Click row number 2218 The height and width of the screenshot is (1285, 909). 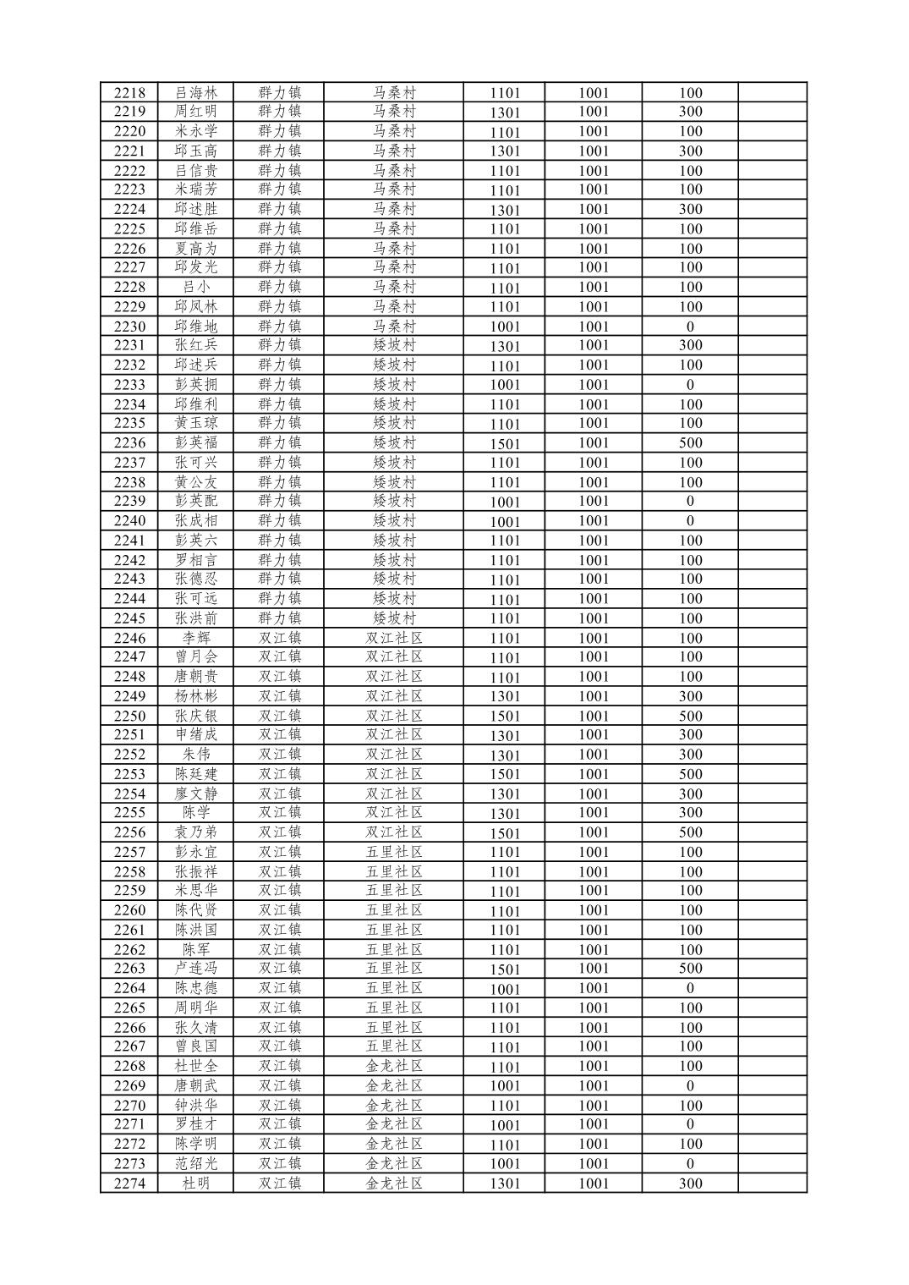click(129, 93)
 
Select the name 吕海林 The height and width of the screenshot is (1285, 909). click(195, 93)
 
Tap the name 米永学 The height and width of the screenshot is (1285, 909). click(195, 131)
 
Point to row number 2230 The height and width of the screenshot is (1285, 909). click(129, 327)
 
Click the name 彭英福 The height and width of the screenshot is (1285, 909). click(195, 442)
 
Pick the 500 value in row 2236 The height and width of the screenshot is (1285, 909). click(690, 442)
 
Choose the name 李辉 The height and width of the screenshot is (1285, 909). click(195, 638)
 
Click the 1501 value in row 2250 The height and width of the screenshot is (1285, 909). click(505, 717)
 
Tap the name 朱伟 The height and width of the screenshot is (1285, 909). click(195, 755)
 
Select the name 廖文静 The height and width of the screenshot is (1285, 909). click(195, 794)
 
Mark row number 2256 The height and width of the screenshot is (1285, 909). click(129, 832)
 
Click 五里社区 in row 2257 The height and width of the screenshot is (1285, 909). click(393, 852)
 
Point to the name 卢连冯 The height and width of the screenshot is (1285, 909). click(195, 969)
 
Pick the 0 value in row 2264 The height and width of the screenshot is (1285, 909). click(690, 988)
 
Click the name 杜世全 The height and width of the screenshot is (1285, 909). click(195, 1066)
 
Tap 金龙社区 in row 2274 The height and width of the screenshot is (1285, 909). click(393, 1183)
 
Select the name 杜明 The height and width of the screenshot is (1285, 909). click(195, 1183)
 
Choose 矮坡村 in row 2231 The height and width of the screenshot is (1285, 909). click(394, 345)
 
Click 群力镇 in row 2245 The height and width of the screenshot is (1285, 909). click(280, 618)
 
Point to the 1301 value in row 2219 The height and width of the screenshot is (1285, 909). click(505, 113)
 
